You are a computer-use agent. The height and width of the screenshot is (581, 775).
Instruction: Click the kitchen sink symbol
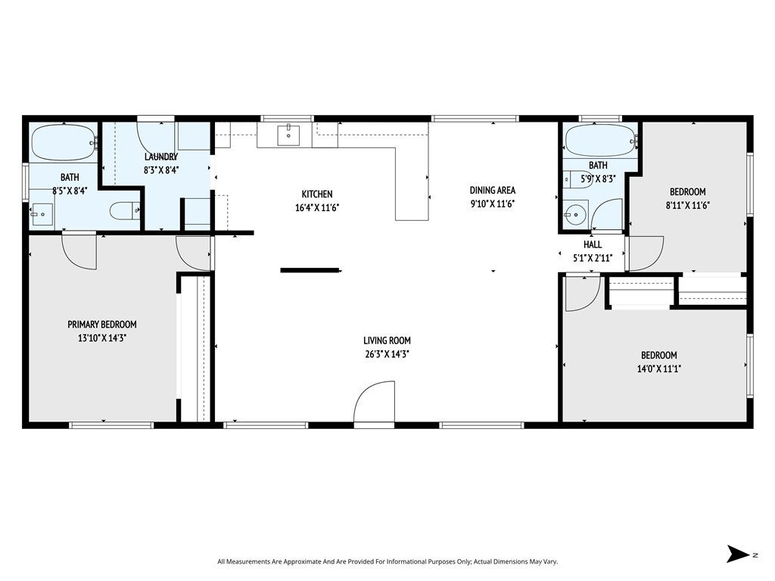coord(288,135)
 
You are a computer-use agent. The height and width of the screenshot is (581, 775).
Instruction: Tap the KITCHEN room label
coord(317,194)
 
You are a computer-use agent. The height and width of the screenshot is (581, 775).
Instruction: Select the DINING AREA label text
coord(493,190)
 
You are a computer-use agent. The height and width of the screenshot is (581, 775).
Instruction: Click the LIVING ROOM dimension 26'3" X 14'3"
coord(387,353)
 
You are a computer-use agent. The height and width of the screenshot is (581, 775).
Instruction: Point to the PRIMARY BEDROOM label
coord(102,325)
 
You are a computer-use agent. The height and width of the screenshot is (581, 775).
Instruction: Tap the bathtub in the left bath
coord(64,142)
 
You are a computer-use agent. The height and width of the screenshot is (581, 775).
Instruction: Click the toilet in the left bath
coord(123,211)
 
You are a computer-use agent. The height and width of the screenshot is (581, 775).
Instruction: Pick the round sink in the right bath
coord(576,213)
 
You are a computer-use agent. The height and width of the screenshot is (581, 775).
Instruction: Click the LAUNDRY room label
coord(160,157)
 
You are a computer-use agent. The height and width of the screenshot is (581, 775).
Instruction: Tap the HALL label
coord(593,244)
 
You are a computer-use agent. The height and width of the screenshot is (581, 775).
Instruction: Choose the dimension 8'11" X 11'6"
coord(687,205)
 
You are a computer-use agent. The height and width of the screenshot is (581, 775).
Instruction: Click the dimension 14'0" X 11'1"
coord(658,369)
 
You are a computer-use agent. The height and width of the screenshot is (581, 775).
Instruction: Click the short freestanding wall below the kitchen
coord(310,270)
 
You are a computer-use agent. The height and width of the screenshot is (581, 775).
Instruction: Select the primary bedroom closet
coord(195,348)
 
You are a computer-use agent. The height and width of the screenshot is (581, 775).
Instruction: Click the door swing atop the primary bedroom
coord(79,250)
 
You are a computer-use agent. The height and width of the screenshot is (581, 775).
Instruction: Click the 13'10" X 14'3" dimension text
coord(102,338)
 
